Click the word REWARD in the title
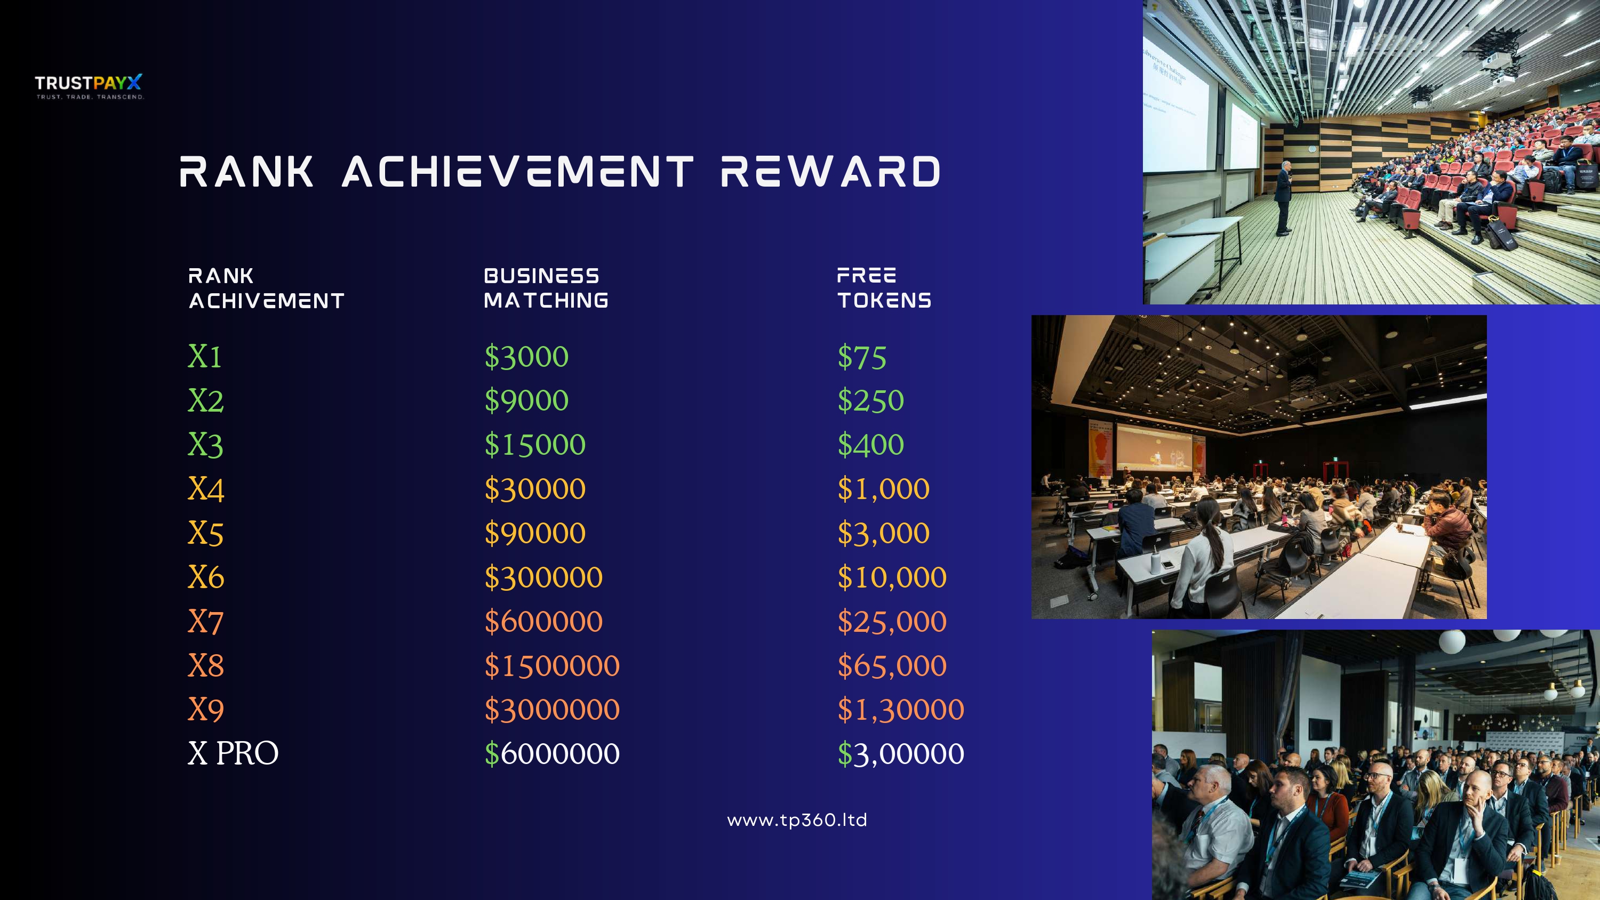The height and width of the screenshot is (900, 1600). pyautogui.click(x=830, y=172)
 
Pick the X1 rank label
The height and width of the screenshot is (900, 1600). pyautogui.click(x=204, y=357)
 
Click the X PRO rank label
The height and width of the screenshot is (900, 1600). pyautogui.click(x=233, y=753)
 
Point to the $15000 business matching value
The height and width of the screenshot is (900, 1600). pyautogui.click(x=535, y=445)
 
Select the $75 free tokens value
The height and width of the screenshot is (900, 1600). pyautogui.click(x=861, y=357)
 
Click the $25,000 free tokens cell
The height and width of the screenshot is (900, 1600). pyautogui.click(x=892, y=622)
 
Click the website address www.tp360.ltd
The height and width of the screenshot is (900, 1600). pyautogui.click(x=797, y=820)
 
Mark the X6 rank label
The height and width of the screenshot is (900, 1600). pyautogui.click(x=205, y=577)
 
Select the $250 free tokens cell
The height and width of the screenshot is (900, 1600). pyautogui.click(x=870, y=400)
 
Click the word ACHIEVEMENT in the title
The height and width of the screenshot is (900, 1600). pyautogui.click(x=517, y=172)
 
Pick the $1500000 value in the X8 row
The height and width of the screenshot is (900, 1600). pyautogui.click(x=551, y=666)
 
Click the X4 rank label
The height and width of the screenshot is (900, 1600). pyautogui.click(x=205, y=489)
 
